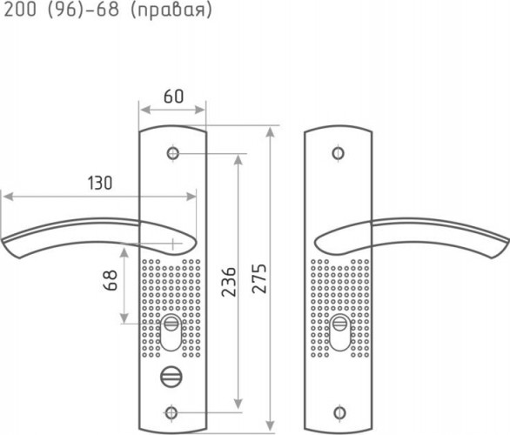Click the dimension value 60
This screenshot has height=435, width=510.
[174, 97]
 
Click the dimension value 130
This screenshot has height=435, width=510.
[100, 183]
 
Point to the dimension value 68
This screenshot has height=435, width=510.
[111, 280]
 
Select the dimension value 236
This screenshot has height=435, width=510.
[229, 282]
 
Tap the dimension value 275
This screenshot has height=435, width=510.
[259, 278]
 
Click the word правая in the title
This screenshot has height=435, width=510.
[171, 10]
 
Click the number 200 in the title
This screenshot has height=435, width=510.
[20, 9]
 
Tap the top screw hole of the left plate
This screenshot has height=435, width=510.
[172, 153]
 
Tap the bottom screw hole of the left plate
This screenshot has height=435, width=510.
[171, 413]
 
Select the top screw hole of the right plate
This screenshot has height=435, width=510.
[339, 153]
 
